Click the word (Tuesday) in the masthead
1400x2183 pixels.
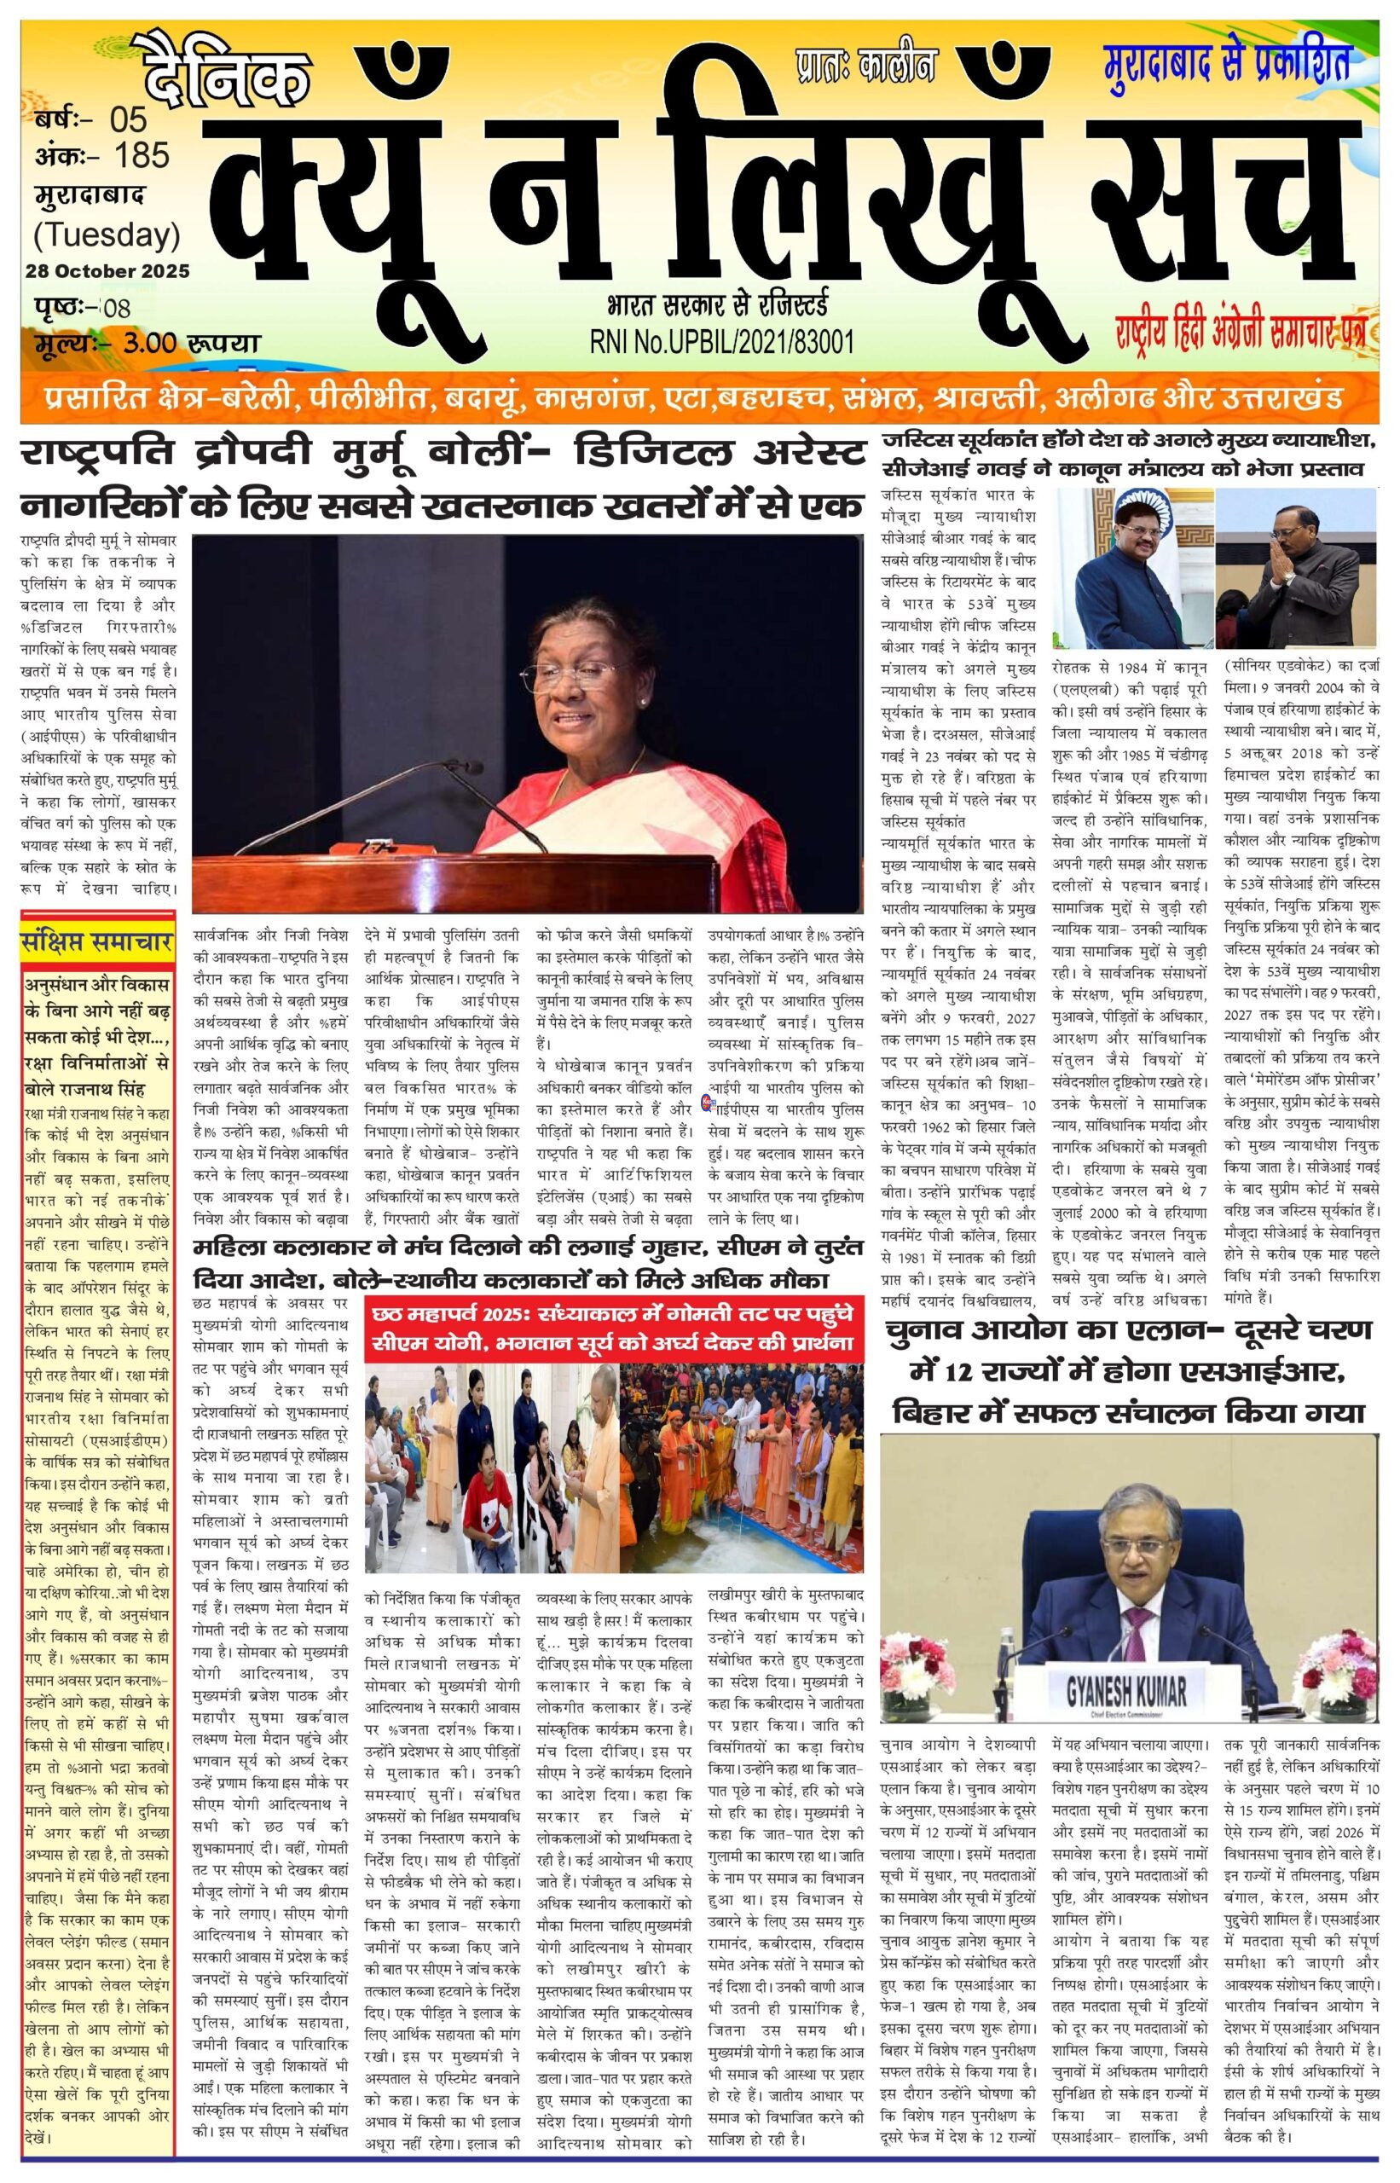coord(107,235)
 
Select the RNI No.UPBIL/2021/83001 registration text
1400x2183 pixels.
coord(722,341)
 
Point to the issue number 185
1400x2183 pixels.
coord(142,155)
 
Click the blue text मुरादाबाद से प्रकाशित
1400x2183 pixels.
coord(1226,63)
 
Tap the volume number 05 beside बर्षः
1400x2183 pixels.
coord(128,119)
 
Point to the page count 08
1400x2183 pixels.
coord(118,307)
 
